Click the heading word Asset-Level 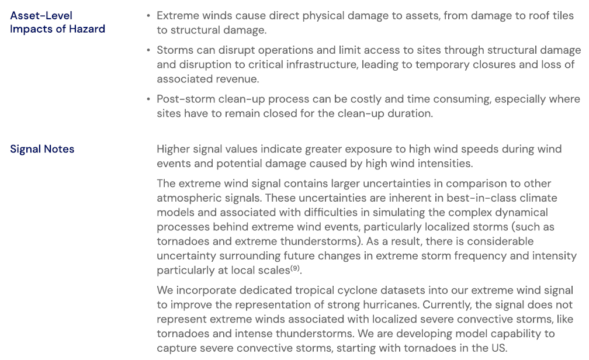click(x=41, y=16)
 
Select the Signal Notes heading click(x=42, y=149)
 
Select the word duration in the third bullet click(x=411, y=113)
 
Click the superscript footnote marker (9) click(x=296, y=268)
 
